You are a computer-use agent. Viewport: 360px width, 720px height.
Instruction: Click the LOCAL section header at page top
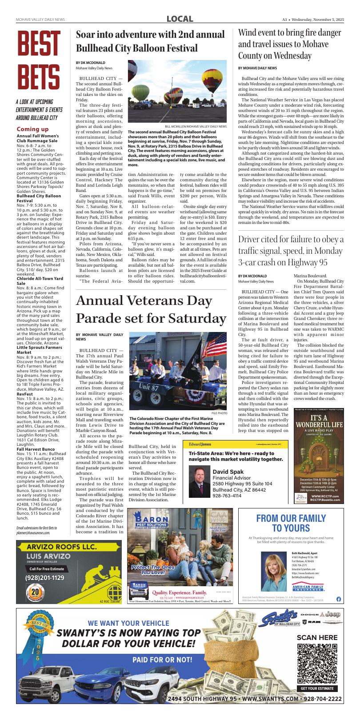[180, 19]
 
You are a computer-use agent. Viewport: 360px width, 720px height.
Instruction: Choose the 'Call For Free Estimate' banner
[47, 568]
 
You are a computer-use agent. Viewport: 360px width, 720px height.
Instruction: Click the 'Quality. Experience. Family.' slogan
[179, 593]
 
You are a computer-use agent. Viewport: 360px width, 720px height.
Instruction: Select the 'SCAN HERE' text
[317, 638]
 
